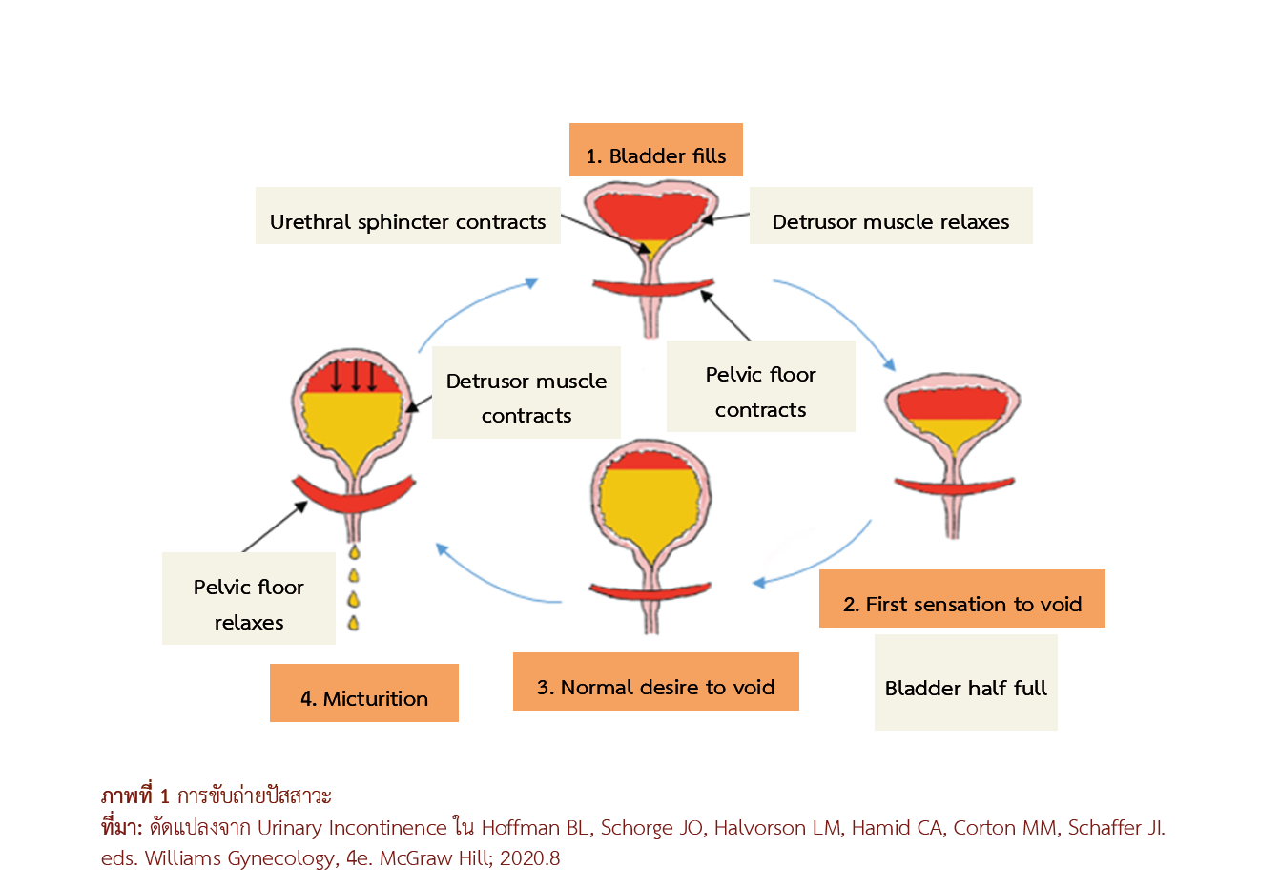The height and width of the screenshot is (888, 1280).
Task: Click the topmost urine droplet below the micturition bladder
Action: pos(354,552)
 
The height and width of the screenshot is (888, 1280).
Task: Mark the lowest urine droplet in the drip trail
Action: pos(354,623)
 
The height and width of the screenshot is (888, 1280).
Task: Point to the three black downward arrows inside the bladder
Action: pos(354,374)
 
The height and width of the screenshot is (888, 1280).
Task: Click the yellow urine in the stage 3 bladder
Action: pos(650,510)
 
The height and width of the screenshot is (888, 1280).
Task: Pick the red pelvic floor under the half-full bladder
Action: pos(954,485)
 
